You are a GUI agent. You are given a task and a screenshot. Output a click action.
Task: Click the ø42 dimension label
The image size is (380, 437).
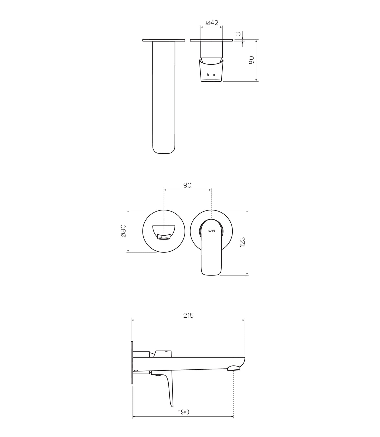click(x=212, y=23)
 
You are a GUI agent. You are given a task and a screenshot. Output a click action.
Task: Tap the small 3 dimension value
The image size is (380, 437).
click(x=238, y=34)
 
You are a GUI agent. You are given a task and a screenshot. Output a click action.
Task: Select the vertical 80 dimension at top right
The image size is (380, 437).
click(x=251, y=60)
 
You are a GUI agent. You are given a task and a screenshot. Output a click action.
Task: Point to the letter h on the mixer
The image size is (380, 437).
click(x=208, y=75)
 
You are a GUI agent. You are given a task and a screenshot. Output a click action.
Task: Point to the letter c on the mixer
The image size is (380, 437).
click(x=214, y=75)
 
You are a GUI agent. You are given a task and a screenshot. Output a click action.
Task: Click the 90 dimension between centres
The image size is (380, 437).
click(x=187, y=185)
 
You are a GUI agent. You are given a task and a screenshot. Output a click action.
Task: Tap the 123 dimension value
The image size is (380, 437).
click(x=242, y=242)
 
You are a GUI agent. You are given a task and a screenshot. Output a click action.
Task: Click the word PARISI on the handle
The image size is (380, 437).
click(x=211, y=231)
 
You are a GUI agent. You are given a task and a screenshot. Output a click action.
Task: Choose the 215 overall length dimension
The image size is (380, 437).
click(x=188, y=315)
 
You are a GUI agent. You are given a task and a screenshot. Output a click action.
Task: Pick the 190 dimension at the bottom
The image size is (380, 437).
click(x=184, y=412)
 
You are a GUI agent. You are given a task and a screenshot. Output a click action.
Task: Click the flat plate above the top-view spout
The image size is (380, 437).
click(x=164, y=40)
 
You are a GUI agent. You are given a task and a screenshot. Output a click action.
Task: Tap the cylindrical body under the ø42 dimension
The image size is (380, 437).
click(x=211, y=49)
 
